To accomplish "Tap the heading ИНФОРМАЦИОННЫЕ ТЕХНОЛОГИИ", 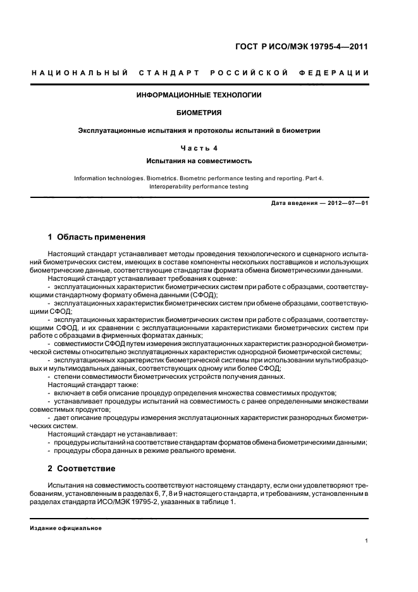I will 199,95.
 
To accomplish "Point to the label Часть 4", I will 199,149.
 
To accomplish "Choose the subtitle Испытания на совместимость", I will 199,161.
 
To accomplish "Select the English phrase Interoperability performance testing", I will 199,187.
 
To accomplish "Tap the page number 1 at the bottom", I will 367,541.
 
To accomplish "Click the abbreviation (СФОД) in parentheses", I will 204,295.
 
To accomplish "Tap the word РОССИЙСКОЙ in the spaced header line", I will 252,73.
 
